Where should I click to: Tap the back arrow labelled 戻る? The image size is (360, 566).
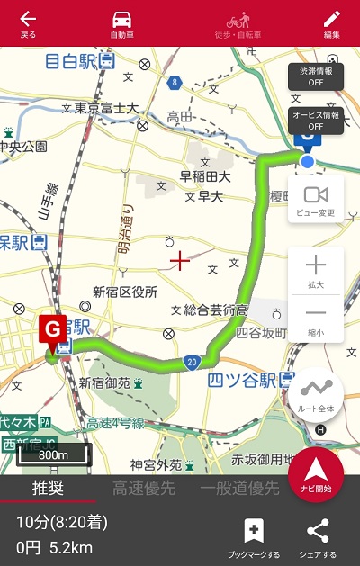(x=28, y=23)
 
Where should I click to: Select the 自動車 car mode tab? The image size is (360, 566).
(x=121, y=23)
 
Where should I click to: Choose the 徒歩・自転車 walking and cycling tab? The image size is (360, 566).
(x=238, y=23)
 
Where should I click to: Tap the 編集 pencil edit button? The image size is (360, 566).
(x=332, y=23)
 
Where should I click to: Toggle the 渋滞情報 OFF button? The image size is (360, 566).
(x=315, y=76)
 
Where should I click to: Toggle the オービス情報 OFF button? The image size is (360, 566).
(x=315, y=121)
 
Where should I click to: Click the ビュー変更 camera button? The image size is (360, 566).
(x=316, y=199)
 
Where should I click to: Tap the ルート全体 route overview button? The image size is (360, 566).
(x=316, y=393)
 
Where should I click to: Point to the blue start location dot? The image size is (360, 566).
(x=308, y=162)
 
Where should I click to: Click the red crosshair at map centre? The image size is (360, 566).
(x=180, y=262)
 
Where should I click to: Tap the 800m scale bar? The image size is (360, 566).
(x=54, y=454)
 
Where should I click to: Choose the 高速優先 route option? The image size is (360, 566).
(x=144, y=489)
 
